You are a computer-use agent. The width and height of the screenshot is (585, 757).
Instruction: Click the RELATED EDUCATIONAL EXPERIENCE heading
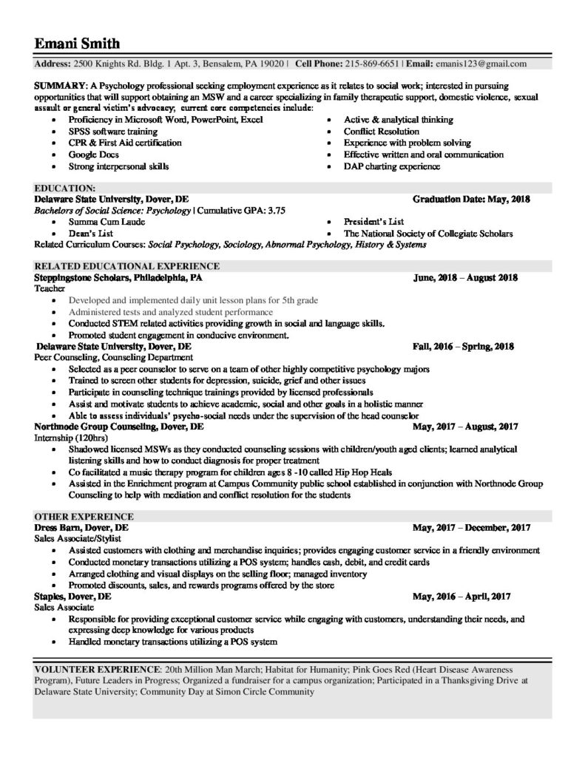pos(126,266)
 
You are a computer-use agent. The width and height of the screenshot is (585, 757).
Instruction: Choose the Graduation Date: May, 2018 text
pos(471,200)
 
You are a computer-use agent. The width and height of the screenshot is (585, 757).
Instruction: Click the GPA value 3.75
pos(276,211)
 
